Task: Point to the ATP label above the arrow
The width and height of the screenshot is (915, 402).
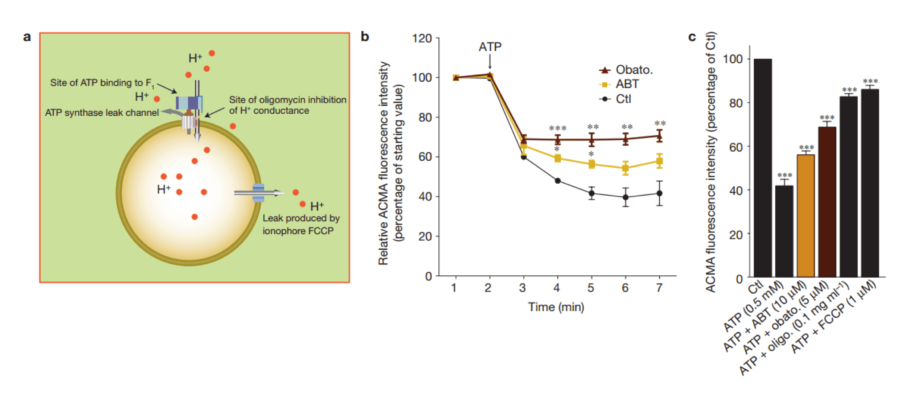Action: [x=489, y=47]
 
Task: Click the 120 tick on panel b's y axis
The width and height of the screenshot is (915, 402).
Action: [x=422, y=38]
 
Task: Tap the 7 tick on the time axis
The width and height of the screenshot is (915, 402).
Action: [x=659, y=288]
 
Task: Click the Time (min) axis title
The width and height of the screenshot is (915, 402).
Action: [x=556, y=307]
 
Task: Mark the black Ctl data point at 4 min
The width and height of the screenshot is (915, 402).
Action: [x=557, y=181]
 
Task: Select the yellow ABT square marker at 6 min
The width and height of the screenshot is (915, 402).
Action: [x=625, y=168]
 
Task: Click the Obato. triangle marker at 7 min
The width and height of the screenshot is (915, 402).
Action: [x=659, y=137]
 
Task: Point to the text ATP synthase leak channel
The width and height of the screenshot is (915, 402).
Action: [x=102, y=113]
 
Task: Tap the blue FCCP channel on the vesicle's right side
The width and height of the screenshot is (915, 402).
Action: [x=259, y=193]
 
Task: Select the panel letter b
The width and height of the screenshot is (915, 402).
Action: [x=365, y=37]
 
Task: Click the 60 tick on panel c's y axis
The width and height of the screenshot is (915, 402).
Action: [x=736, y=147]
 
